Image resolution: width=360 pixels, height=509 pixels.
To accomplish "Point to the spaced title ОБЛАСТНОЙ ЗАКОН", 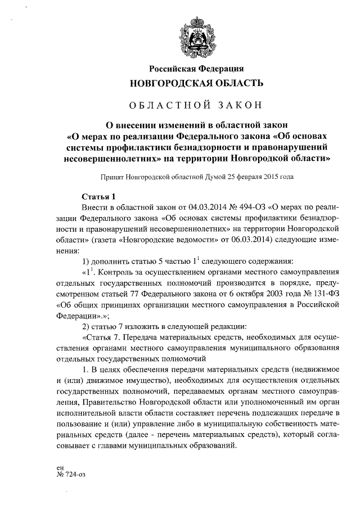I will coord(196,105).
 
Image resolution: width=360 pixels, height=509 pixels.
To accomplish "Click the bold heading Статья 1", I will coord(98,196).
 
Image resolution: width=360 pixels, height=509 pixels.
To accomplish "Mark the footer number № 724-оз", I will coord(71,474).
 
